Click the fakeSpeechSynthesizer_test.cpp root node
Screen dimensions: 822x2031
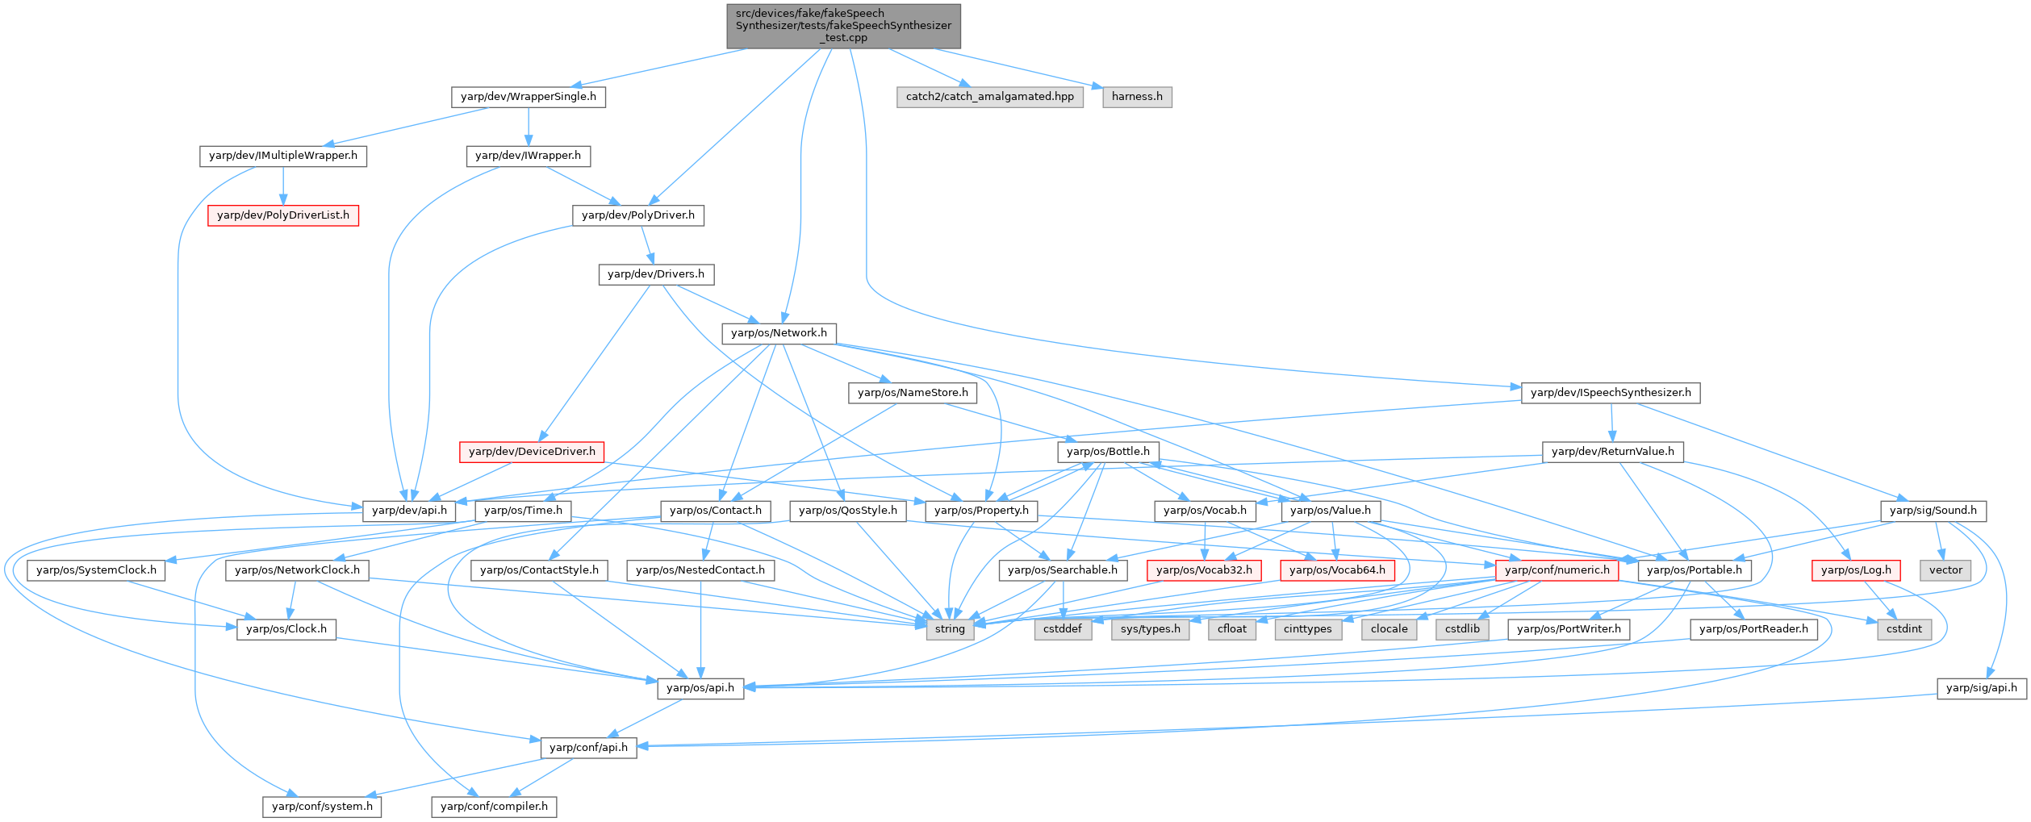[x=843, y=26]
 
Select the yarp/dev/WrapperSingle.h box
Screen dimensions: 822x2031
[x=528, y=97]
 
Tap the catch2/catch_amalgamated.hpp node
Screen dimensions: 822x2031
[x=989, y=97]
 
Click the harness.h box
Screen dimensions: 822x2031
[x=1137, y=97]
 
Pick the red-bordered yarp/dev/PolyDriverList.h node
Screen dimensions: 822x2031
[x=283, y=215]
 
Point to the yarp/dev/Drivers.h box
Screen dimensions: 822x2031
[x=655, y=274]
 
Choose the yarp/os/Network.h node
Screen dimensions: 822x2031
[x=779, y=333]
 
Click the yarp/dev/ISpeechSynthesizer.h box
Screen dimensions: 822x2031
[x=1611, y=393]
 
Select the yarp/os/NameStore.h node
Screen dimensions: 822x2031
[x=913, y=393]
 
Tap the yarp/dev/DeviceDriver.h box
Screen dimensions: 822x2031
[x=532, y=452]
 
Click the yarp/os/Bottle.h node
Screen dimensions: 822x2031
[x=1108, y=452]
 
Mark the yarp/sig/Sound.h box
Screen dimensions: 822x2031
[x=1933, y=511]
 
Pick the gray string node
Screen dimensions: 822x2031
[x=950, y=629]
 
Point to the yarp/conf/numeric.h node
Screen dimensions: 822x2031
[x=1557, y=570]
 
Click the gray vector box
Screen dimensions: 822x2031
[x=1945, y=570]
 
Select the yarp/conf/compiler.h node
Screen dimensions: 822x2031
[x=494, y=807]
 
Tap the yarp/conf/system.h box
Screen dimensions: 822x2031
[x=322, y=807]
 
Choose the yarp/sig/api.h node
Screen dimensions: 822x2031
[x=1981, y=688]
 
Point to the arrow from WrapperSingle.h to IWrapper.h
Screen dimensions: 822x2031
[x=528, y=126]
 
